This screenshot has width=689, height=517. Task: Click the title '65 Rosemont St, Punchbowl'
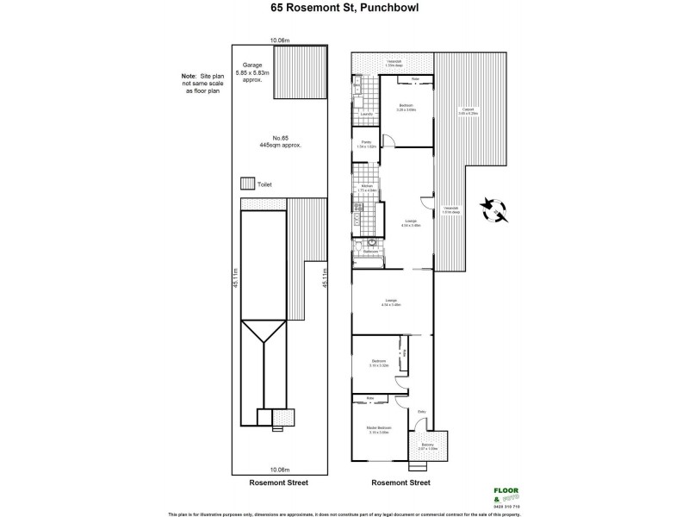pyautogui.click(x=344, y=11)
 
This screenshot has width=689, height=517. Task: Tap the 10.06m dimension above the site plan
pyautogui.click(x=278, y=40)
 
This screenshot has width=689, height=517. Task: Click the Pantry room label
pyautogui.click(x=366, y=144)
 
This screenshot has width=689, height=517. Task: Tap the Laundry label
pyautogui.click(x=365, y=114)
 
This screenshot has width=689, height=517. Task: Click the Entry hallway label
pyautogui.click(x=422, y=412)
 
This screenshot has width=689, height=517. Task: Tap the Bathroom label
pyautogui.click(x=359, y=252)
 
